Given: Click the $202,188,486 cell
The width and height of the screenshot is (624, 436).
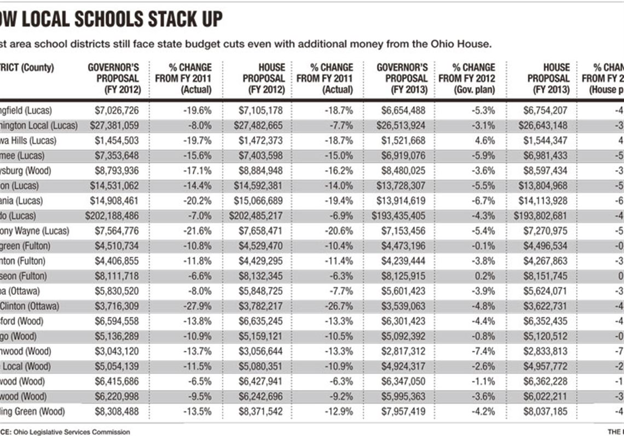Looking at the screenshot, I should (112, 216).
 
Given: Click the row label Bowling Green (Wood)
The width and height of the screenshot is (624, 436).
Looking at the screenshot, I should (33, 411).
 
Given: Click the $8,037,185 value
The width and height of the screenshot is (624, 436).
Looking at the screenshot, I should (545, 411).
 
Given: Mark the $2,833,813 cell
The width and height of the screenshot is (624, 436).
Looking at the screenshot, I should (545, 351).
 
